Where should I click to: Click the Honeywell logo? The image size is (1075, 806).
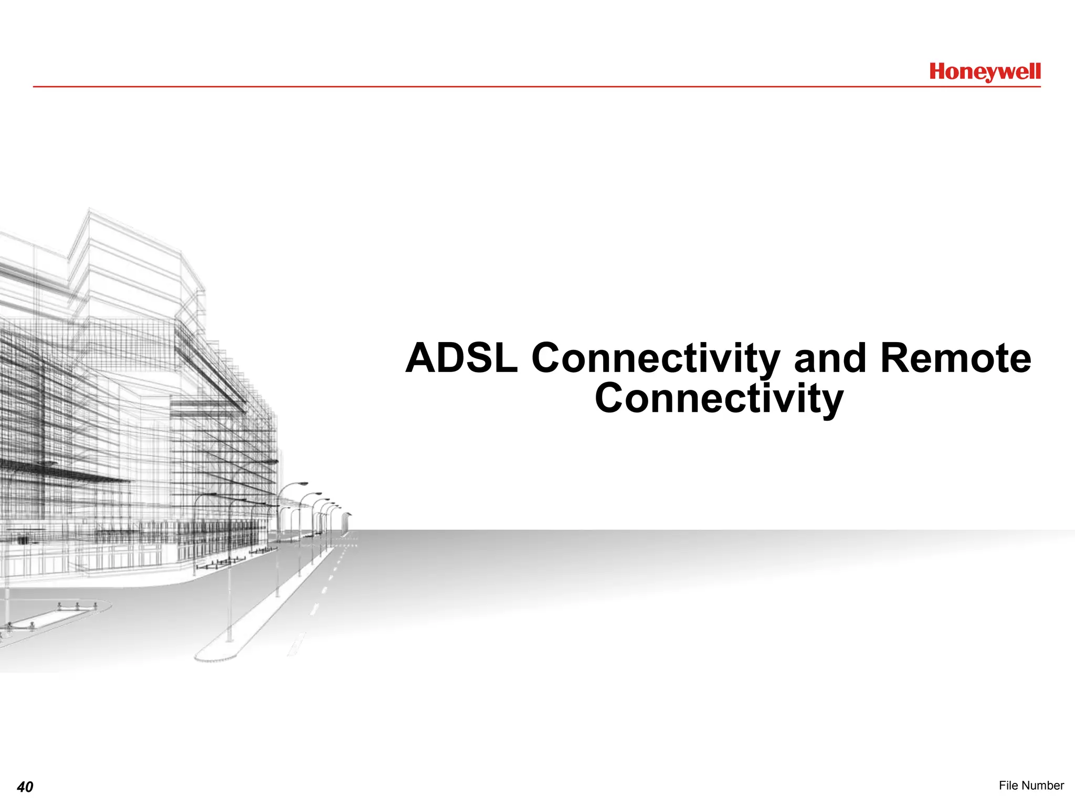(985, 72)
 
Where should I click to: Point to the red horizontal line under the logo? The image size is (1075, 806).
(525, 87)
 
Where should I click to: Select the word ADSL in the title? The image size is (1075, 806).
(461, 358)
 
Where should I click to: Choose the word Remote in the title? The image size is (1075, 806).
(956, 358)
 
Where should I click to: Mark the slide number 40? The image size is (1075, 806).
(25, 787)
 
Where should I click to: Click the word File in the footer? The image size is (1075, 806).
(1008, 785)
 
